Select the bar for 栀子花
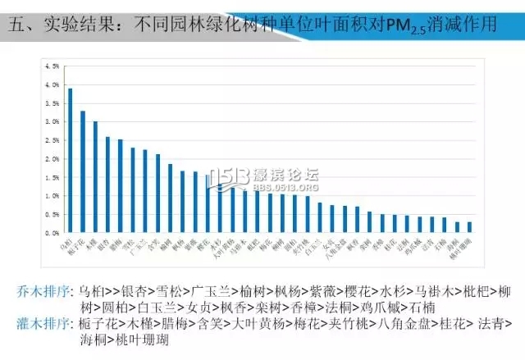[x=82, y=172]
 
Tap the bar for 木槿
[x=94, y=177]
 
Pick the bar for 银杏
[x=107, y=185]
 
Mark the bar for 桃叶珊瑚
[x=469, y=227]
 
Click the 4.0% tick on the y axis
[x=52, y=84]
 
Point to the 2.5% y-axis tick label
[x=52, y=140]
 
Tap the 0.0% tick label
[x=52, y=233]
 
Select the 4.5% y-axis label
[x=52, y=66]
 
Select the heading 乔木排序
[x=43, y=291]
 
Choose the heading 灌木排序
[x=43, y=324]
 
